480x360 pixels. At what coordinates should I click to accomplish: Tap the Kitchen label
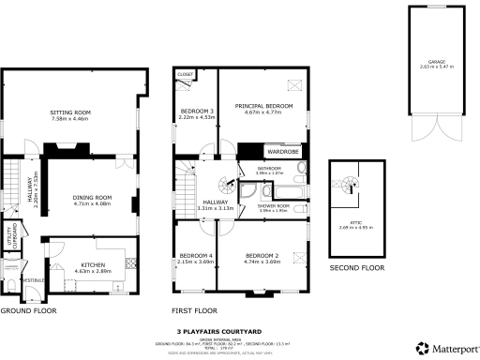(92, 265)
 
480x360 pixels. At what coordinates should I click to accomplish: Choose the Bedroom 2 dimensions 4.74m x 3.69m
(262, 262)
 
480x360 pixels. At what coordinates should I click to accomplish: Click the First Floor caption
(194, 309)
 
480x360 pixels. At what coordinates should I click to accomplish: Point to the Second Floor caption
(356, 268)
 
